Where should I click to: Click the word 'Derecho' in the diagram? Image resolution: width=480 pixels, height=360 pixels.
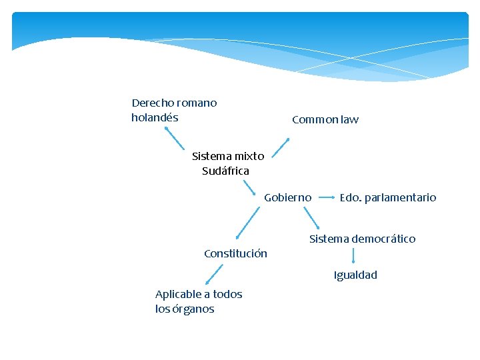coord(153,103)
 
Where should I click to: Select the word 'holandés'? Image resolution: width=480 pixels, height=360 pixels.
coord(155,118)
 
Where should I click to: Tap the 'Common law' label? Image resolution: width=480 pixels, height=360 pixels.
coord(325,120)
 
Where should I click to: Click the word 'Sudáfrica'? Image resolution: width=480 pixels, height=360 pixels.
coord(225,171)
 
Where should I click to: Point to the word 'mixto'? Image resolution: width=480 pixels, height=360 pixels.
coord(249,156)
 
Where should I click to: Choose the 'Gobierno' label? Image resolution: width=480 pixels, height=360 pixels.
coord(287,197)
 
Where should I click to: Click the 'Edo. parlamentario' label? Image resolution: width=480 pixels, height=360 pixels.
coord(387,197)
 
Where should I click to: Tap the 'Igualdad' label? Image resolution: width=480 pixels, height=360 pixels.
coord(355,275)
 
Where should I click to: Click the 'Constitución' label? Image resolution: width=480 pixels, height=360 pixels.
coord(235,253)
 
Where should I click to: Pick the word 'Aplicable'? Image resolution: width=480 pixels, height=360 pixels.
coord(178,294)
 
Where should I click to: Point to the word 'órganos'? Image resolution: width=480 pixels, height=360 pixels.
coord(196,309)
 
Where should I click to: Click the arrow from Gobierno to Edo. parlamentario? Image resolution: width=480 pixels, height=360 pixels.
coord(326,197)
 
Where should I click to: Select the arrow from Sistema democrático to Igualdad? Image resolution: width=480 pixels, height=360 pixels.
coord(353,256)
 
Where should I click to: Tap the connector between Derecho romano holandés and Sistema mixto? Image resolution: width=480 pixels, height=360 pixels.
coord(175,138)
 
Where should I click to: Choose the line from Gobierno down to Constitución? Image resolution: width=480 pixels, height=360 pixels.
coord(249,221)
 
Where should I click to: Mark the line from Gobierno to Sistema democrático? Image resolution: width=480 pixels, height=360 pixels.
coord(312,219)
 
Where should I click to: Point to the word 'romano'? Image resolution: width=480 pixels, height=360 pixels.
coord(197,103)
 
